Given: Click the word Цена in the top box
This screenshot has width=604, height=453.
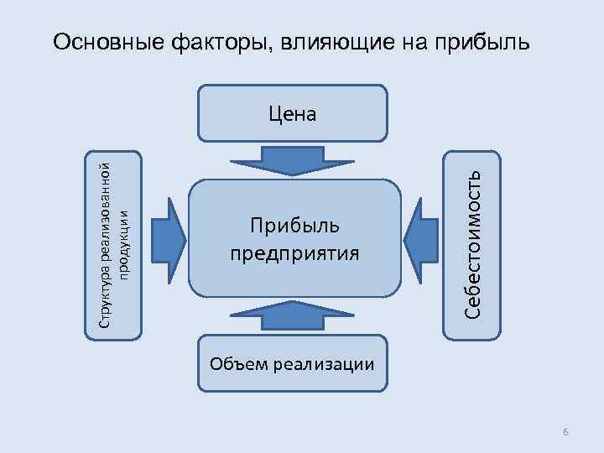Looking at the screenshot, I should [x=293, y=113].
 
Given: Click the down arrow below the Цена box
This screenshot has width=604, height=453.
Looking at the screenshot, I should [x=293, y=159].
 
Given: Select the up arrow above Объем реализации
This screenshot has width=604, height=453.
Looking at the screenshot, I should [x=293, y=316].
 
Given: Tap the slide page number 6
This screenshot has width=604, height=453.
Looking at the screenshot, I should [x=566, y=431].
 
